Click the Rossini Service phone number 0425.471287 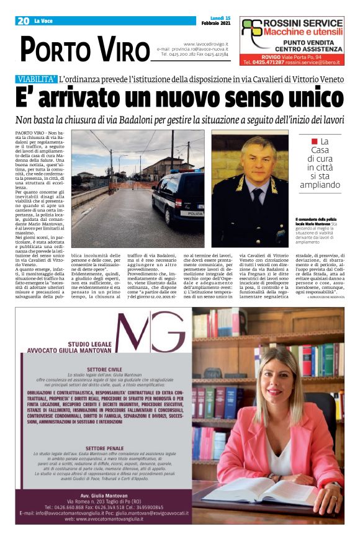(272, 62)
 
